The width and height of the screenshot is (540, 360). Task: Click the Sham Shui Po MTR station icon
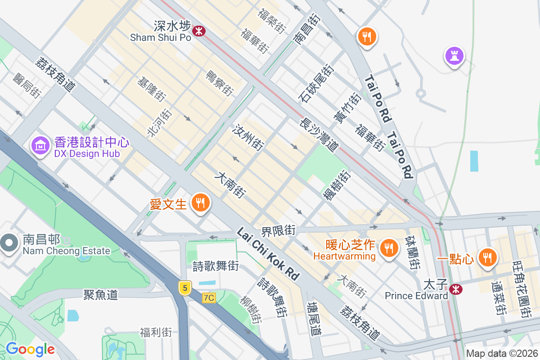pos(198,31)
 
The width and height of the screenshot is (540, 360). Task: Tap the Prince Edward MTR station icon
pos(456,289)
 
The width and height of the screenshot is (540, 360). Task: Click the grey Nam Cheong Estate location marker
pos(9,243)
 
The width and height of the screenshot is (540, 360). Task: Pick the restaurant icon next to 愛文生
pos(199,203)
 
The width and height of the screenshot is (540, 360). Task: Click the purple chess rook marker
pos(454,56)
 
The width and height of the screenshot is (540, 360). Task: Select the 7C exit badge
pos(209,297)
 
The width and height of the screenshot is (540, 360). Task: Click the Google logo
pos(30,349)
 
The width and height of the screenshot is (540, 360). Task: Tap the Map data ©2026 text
pos(502,353)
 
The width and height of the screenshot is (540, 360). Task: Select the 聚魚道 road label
pos(100,295)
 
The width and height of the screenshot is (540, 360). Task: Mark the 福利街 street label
pos(156,333)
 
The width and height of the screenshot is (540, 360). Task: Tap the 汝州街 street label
pos(247,137)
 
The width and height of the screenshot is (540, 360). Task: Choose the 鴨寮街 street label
pos(220,83)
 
